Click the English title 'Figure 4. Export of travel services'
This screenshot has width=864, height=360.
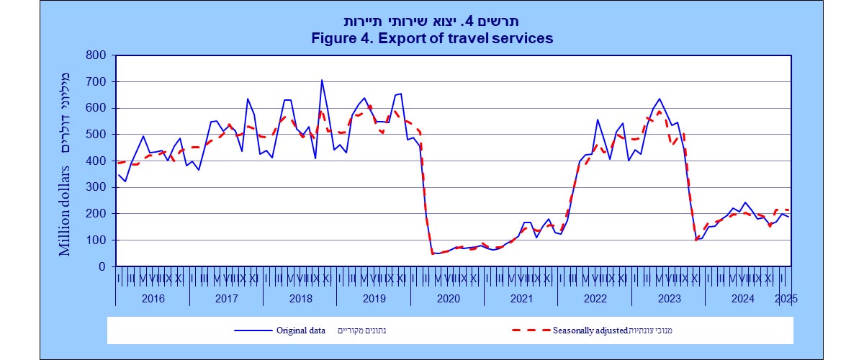tap(432, 38)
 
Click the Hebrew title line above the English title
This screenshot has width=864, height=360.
tap(432, 21)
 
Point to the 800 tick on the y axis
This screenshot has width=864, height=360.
tap(96, 55)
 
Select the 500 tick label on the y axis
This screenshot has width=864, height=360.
tap(96, 135)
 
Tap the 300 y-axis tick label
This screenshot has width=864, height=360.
tap(96, 187)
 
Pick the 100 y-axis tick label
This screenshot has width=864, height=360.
tap(96, 240)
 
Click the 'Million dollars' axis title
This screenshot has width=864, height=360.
tap(66, 212)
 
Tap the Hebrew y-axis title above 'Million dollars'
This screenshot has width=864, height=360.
tap(66, 112)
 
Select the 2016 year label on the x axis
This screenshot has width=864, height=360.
tap(153, 297)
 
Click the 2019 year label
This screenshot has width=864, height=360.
tap(374, 297)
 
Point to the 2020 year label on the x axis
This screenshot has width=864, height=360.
tap(447, 297)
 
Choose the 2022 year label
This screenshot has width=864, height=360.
tap(594, 297)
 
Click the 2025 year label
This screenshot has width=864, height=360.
tap(786, 297)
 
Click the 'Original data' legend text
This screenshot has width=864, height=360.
tap(302, 330)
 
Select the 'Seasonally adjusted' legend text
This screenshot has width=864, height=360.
tap(590, 330)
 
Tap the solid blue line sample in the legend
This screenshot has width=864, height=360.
tap(251, 330)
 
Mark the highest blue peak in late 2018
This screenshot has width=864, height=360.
tap(322, 80)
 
